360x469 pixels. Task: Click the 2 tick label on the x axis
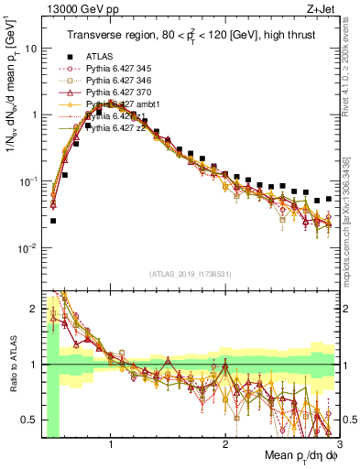click(x=225, y=446)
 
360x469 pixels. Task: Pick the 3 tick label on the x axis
click(x=338, y=446)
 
